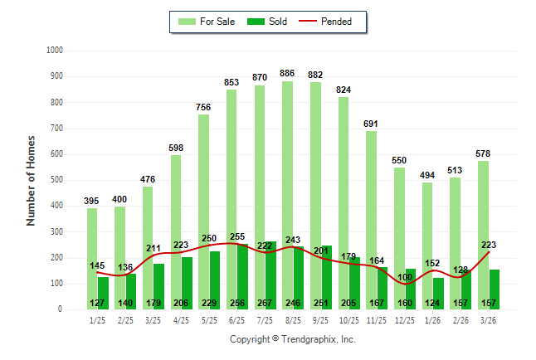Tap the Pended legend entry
coord(333,22)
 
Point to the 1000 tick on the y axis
coord(55,51)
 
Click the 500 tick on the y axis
coord(57,180)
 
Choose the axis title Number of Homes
coord(31,180)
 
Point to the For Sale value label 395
coord(92,201)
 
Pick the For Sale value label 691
coord(371,124)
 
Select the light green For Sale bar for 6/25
coord(231,199)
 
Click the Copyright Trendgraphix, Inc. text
coord(292,340)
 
